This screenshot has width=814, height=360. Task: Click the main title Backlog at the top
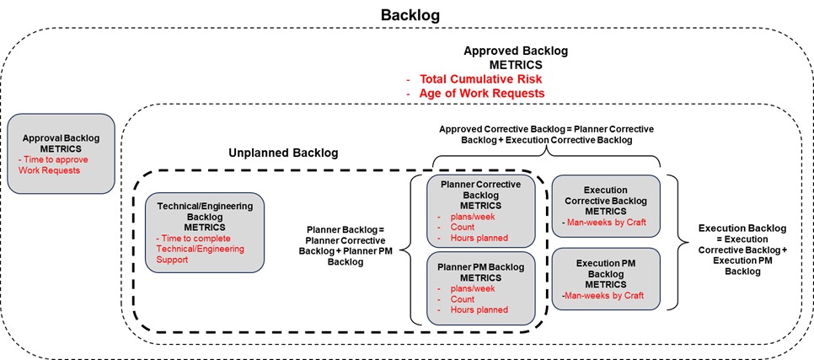point(410,15)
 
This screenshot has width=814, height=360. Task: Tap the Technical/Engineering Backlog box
point(204,231)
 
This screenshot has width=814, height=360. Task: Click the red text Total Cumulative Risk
point(477,78)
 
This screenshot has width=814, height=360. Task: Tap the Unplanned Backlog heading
point(283,153)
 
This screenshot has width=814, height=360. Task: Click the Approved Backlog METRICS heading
point(516,56)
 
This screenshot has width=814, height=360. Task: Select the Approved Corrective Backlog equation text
point(546,134)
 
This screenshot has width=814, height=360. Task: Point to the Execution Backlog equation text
point(742,249)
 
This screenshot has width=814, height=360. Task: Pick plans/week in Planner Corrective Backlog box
point(467,216)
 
